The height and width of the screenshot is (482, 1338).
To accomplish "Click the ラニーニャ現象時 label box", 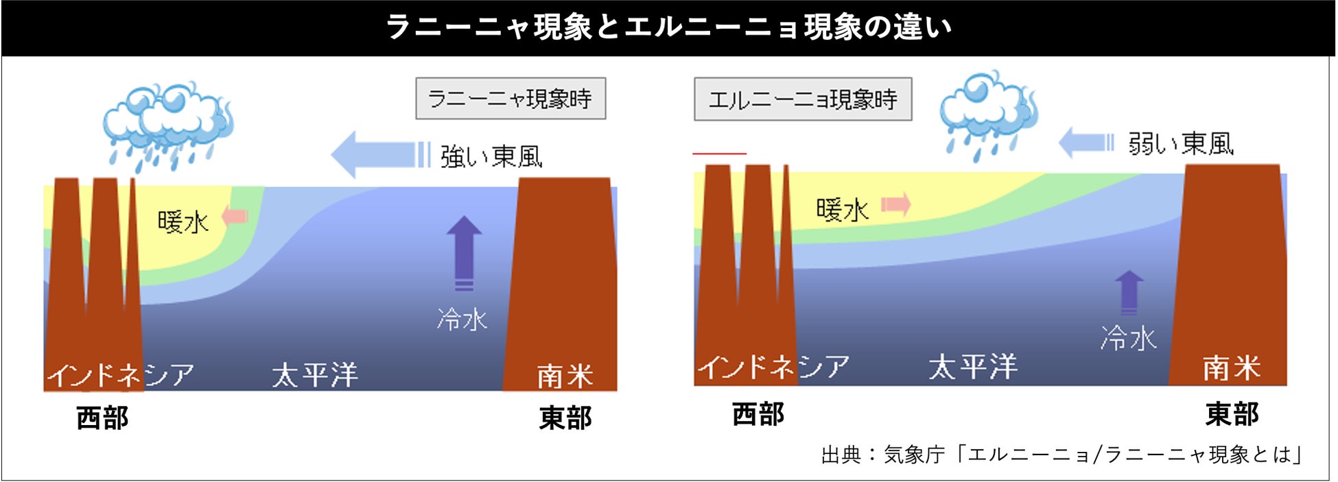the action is coord(510,99).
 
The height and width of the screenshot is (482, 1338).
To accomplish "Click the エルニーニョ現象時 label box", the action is coord(803,99).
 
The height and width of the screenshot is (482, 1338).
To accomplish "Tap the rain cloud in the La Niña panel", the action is coord(167,123).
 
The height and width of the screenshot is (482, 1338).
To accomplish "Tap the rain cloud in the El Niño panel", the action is coord(988,113).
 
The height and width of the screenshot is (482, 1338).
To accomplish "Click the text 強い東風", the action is coord(491,157).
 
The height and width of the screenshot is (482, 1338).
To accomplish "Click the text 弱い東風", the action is coord(1181,144).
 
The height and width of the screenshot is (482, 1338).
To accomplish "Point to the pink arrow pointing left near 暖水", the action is coord(235,216).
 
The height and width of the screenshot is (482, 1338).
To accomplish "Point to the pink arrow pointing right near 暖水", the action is coord(896,204).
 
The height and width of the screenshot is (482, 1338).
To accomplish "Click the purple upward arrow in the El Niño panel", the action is coord(1129,291).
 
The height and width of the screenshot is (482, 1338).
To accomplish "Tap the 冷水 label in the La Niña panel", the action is coord(462,320).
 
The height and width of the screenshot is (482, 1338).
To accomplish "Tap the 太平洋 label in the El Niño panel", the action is coord(973,367).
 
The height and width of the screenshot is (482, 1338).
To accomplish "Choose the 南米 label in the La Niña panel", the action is coord(564,376).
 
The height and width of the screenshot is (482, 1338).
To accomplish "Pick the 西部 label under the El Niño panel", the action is coord(758,414).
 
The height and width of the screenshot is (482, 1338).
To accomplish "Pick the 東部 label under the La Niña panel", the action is coord(565,418).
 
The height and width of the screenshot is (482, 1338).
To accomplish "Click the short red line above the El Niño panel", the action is coord(719,154).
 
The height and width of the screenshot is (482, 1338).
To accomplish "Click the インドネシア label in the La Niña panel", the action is coord(120,375).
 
